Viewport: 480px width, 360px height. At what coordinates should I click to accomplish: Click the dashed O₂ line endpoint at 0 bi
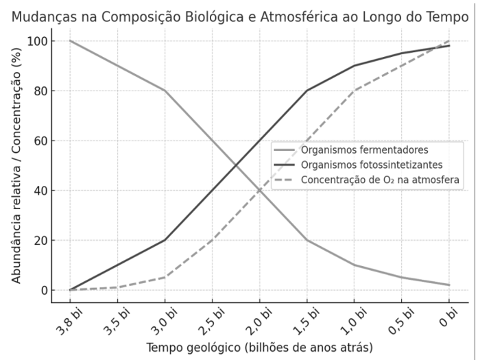tap(448, 41)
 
